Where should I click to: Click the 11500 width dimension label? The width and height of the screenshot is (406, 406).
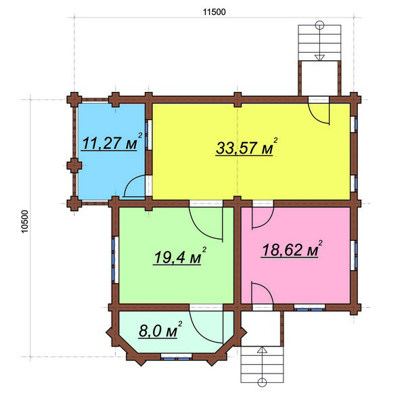tap(214, 12)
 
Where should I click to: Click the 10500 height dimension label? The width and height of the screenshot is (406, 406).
tap(25, 221)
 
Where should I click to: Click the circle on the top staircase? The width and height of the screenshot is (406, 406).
tap(319, 25)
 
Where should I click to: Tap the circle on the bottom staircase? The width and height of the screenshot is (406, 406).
tap(263, 382)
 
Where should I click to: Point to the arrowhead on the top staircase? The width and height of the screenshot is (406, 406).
tap(319, 58)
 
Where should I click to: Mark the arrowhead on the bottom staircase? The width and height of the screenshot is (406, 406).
tap(263, 350)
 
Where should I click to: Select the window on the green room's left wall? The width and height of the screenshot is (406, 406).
tap(114, 259)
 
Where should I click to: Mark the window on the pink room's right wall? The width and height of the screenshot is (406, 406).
tap(355, 255)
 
